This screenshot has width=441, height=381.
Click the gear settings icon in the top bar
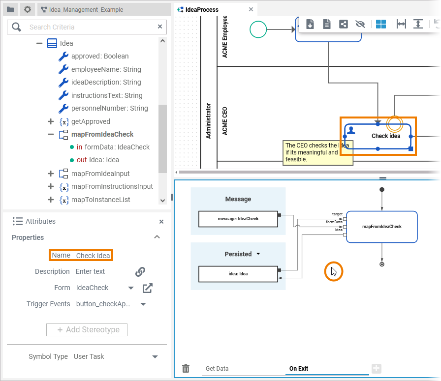[x=28, y=9]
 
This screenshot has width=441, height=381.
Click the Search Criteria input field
[x=89, y=27]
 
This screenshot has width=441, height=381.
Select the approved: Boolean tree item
[x=99, y=56]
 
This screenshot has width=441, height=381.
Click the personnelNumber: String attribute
[x=109, y=108]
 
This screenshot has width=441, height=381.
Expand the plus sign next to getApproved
[x=50, y=121]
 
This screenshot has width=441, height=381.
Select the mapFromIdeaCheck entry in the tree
[x=102, y=134]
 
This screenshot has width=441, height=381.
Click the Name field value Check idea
[x=93, y=256]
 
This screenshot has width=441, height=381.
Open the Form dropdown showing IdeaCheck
[x=131, y=288]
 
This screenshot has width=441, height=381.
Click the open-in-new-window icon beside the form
[x=147, y=288]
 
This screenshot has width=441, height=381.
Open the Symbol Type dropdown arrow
[x=155, y=357]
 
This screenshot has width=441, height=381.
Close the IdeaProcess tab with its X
[x=251, y=9]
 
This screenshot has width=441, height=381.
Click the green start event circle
[x=258, y=29]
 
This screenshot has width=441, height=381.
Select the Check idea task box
[x=378, y=136]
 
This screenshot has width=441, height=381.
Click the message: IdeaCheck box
[x=238, y=219]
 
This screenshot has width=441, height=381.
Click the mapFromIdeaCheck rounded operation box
[x=381, y=227]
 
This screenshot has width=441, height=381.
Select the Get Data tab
[x=217, y=369]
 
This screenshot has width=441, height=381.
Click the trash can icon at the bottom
[x=186, y=368]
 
